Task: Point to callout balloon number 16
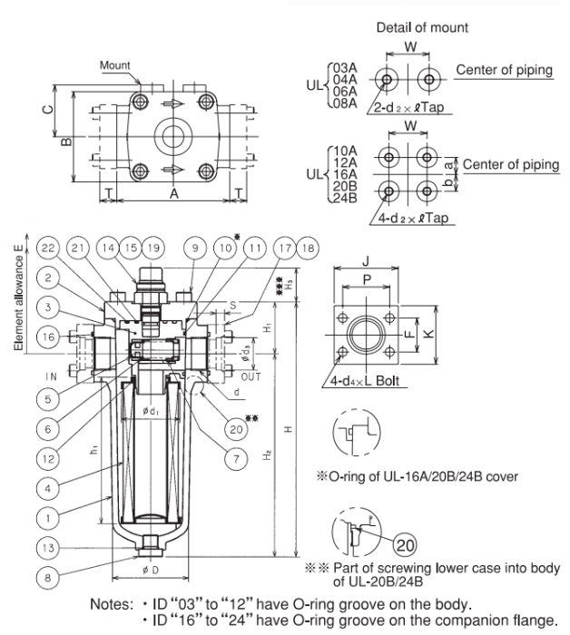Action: point(51,338)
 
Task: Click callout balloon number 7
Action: point(235,460)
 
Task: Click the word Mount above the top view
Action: point(116,64)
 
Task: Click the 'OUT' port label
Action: point(250,372)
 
